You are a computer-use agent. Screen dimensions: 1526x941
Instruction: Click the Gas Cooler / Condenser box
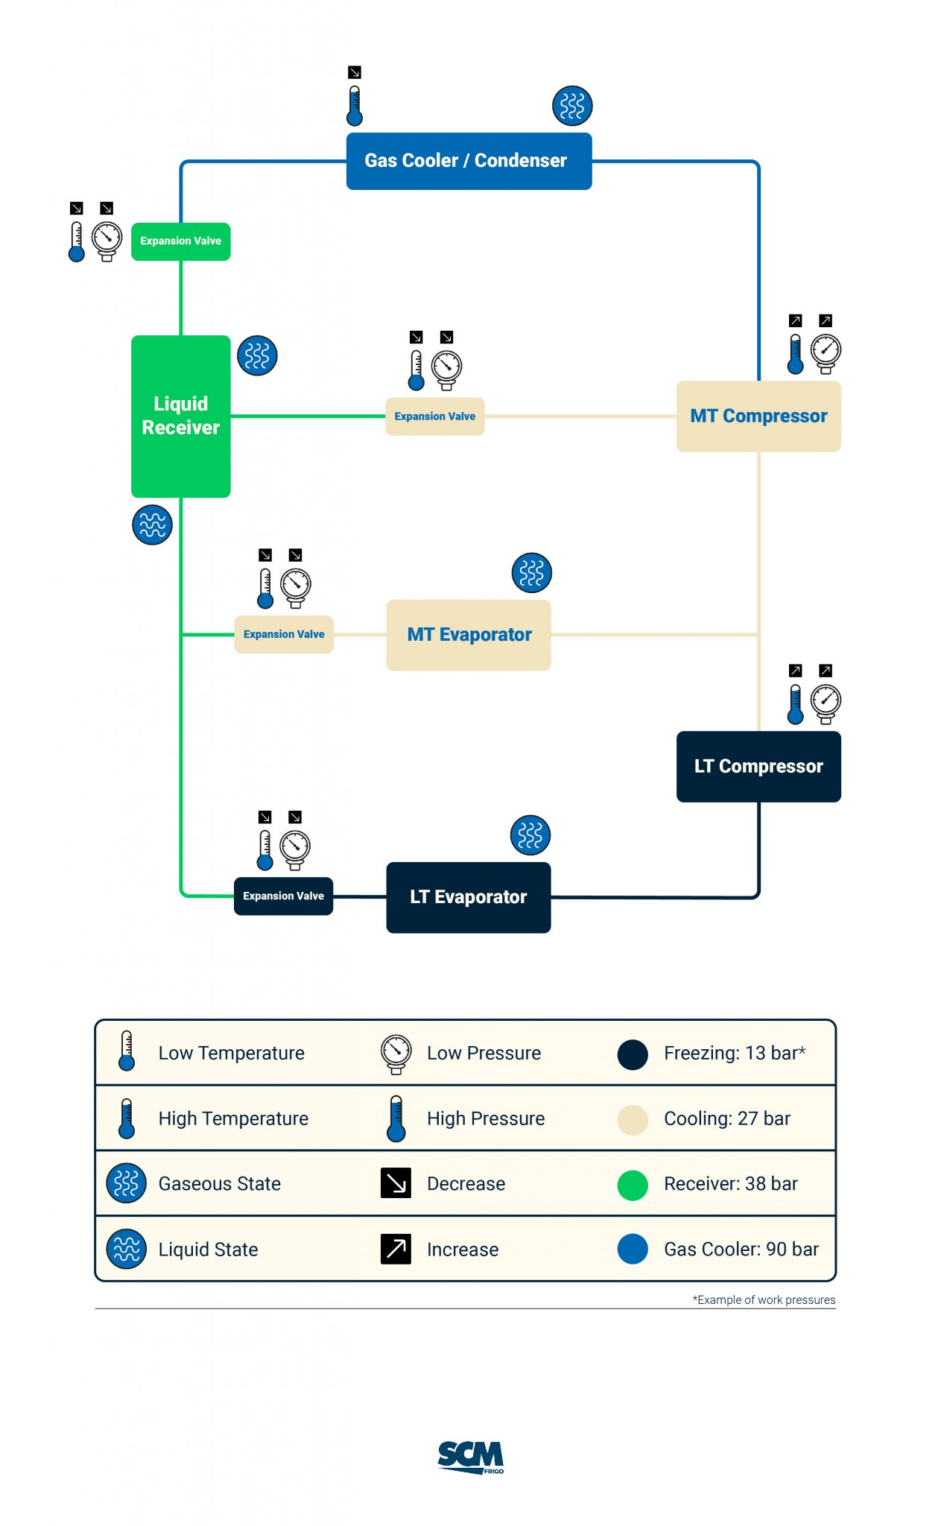pos(469,161)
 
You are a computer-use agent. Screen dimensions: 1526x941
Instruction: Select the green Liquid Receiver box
pos(180,416)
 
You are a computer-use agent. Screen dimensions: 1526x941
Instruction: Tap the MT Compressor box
pos(758,416)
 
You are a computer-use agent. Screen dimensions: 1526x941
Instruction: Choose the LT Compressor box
pos(758,766)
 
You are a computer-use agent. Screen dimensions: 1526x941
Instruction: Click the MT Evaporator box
pos(469,635)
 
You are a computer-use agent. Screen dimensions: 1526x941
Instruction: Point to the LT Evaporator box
pos(469,897)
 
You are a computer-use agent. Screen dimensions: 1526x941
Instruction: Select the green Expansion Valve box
pos(180,241)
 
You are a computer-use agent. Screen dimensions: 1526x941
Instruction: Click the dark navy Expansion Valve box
pos(283,896)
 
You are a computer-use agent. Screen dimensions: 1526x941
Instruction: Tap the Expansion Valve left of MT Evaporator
pos(283,634)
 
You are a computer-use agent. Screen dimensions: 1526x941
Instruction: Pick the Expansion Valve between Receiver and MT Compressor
pos(434,417)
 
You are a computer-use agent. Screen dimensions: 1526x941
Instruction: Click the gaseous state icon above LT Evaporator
pos(530,835)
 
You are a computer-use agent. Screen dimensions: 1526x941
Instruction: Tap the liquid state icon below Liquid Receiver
pos(152,525)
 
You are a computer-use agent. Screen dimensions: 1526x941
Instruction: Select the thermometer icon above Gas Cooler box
pos(355,106)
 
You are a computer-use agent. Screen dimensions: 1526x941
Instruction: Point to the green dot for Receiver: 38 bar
pos(633,1185)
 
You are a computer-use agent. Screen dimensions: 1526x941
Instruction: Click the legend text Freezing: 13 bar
pos(734,1053)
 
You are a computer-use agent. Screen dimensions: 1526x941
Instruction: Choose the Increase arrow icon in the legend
pos(396,1249)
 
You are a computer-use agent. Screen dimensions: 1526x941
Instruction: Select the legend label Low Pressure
pos(484,1053)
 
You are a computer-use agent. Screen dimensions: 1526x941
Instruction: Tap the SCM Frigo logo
pos(470,1457)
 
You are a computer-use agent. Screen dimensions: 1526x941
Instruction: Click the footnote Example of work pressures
pos(764,1299)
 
